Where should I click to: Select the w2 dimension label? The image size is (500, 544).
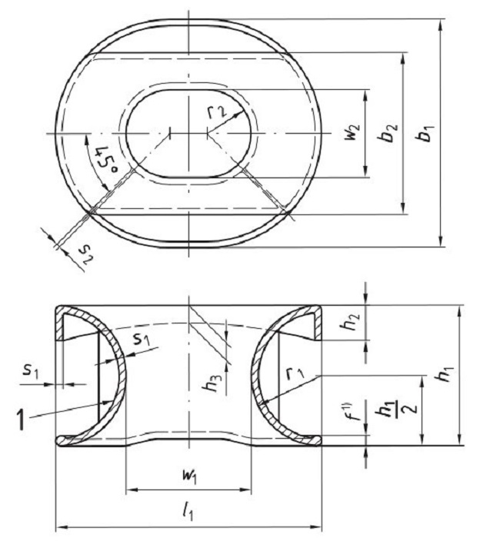[352, 134]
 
